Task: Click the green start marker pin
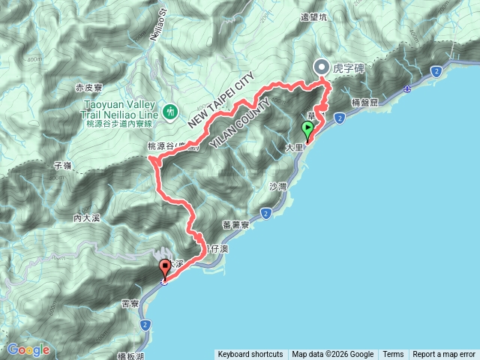pyautogui.click(x=307, y=129)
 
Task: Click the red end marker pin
pyautogui.click(x=165, y=268)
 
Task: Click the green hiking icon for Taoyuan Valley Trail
pyautogui.click(x=170, y=112)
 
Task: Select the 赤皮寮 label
pyautogui.click(x=89, y=88)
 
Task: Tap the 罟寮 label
pyautogui.click(x=130, y=303)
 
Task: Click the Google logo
pyautogui.click(x=28, y=349)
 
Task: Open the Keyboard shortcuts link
pyautogui.click(x=250, y=355)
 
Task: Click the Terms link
pyautogui.click(x=393, y=355)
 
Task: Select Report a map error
pyautogui.click(x=444, y=355)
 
